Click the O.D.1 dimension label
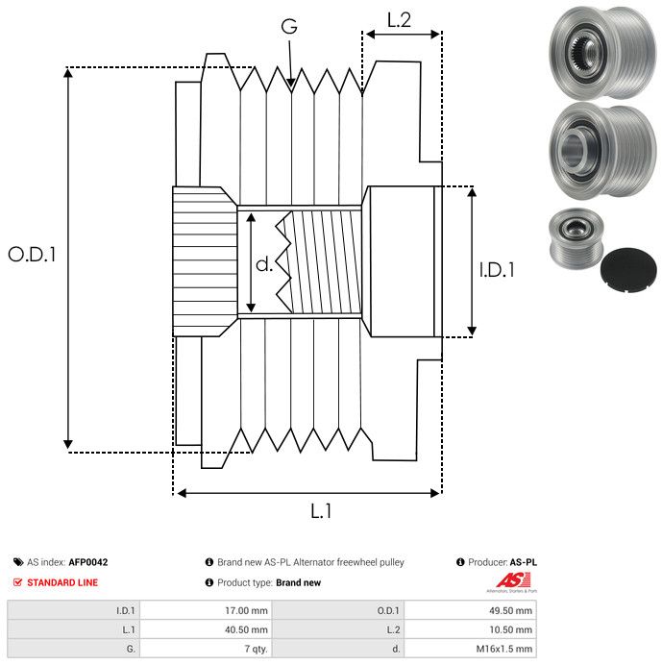(x=32, y=255)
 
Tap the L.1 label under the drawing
(x=321, y=512)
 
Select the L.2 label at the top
(x=399, y=19)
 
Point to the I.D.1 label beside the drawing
(x=497, y=270)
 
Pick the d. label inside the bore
(x=264, y=264)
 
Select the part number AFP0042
(x=88, y=562)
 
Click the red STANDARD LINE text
(x=62, y=582)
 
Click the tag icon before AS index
(x=18, y=562)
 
